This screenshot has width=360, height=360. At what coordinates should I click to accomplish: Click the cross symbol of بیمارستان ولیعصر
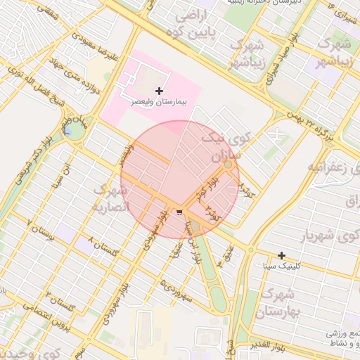point(160,91)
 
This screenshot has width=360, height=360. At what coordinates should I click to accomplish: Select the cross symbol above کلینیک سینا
point(281,255)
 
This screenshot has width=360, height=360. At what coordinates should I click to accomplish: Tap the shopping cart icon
point(180,212)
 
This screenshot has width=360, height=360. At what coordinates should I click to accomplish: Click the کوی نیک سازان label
point(221,144)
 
